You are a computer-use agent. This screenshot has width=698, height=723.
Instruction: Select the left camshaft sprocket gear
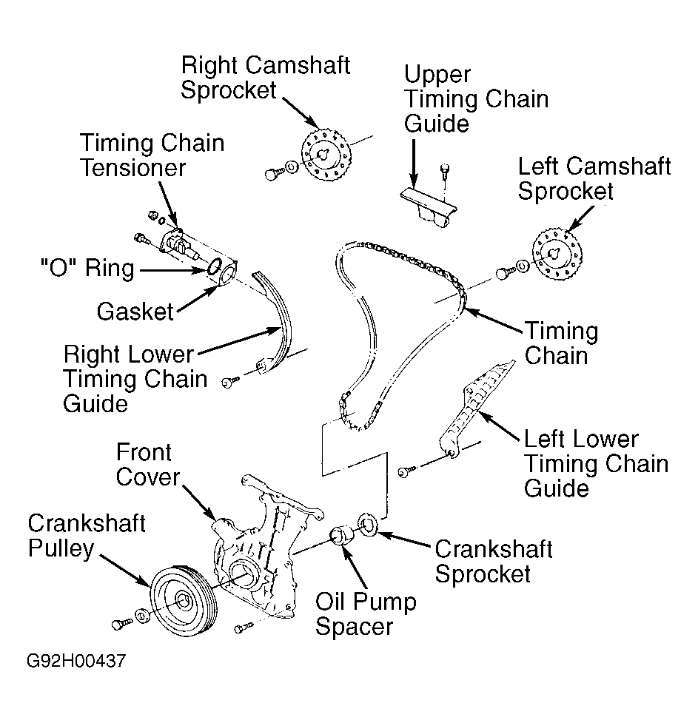pyautogui.click(x=557, y=254)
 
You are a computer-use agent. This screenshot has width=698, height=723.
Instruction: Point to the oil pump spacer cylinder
pyautogui.click(x=342, y=535)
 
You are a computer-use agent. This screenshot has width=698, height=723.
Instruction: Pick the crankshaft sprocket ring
pyautogui.click(x=368, y=525)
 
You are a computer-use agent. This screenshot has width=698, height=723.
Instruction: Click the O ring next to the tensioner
pyautogui.click(x=215, y=267)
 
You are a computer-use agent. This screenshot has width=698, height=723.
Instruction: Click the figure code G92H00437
pyautogui.click(x=76, y=660)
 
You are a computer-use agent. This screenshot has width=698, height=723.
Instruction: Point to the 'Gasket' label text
pyautogui.click(x=135, y=312)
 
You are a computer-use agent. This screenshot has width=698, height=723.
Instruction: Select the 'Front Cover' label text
pyautogui.click(x=147, y=464)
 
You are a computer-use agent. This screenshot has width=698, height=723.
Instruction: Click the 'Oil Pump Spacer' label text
pyautogui.click(x=366, y=613)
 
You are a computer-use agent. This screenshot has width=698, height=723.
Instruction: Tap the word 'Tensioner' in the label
pyautogui.click(x=133, y=167)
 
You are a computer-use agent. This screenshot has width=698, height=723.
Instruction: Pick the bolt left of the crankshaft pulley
pyautogui.click(x=121, y=623)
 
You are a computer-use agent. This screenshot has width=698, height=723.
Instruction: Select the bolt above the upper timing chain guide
pyautogui.click(x=445, y=171)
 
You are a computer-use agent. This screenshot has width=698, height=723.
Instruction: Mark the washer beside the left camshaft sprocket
pyautogui.click(x=523, y=266)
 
